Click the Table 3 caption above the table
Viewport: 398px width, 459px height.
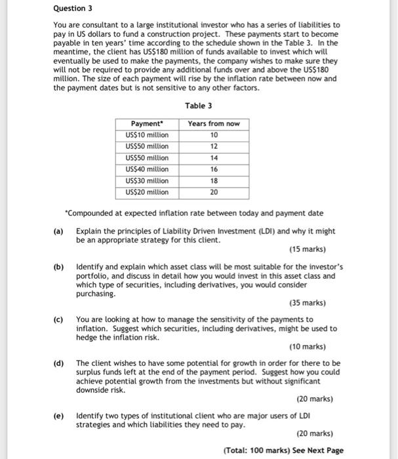click(198, 106)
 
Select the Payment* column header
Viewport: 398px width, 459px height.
click(146, 123)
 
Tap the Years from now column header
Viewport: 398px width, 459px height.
click(213, 123)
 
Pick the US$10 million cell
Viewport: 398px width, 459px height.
click(146, 135)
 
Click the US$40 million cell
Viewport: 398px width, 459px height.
click(146, 169)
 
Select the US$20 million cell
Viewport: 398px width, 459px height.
click(146, 192)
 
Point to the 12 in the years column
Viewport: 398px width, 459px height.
click(213, 146)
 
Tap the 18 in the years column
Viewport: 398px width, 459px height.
click(213, 181)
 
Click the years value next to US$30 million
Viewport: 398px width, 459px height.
click(213, 181)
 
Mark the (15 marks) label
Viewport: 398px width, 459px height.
click(307, 249)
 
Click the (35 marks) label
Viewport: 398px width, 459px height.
click(307, 303)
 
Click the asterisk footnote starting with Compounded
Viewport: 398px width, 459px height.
click(193, 214)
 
